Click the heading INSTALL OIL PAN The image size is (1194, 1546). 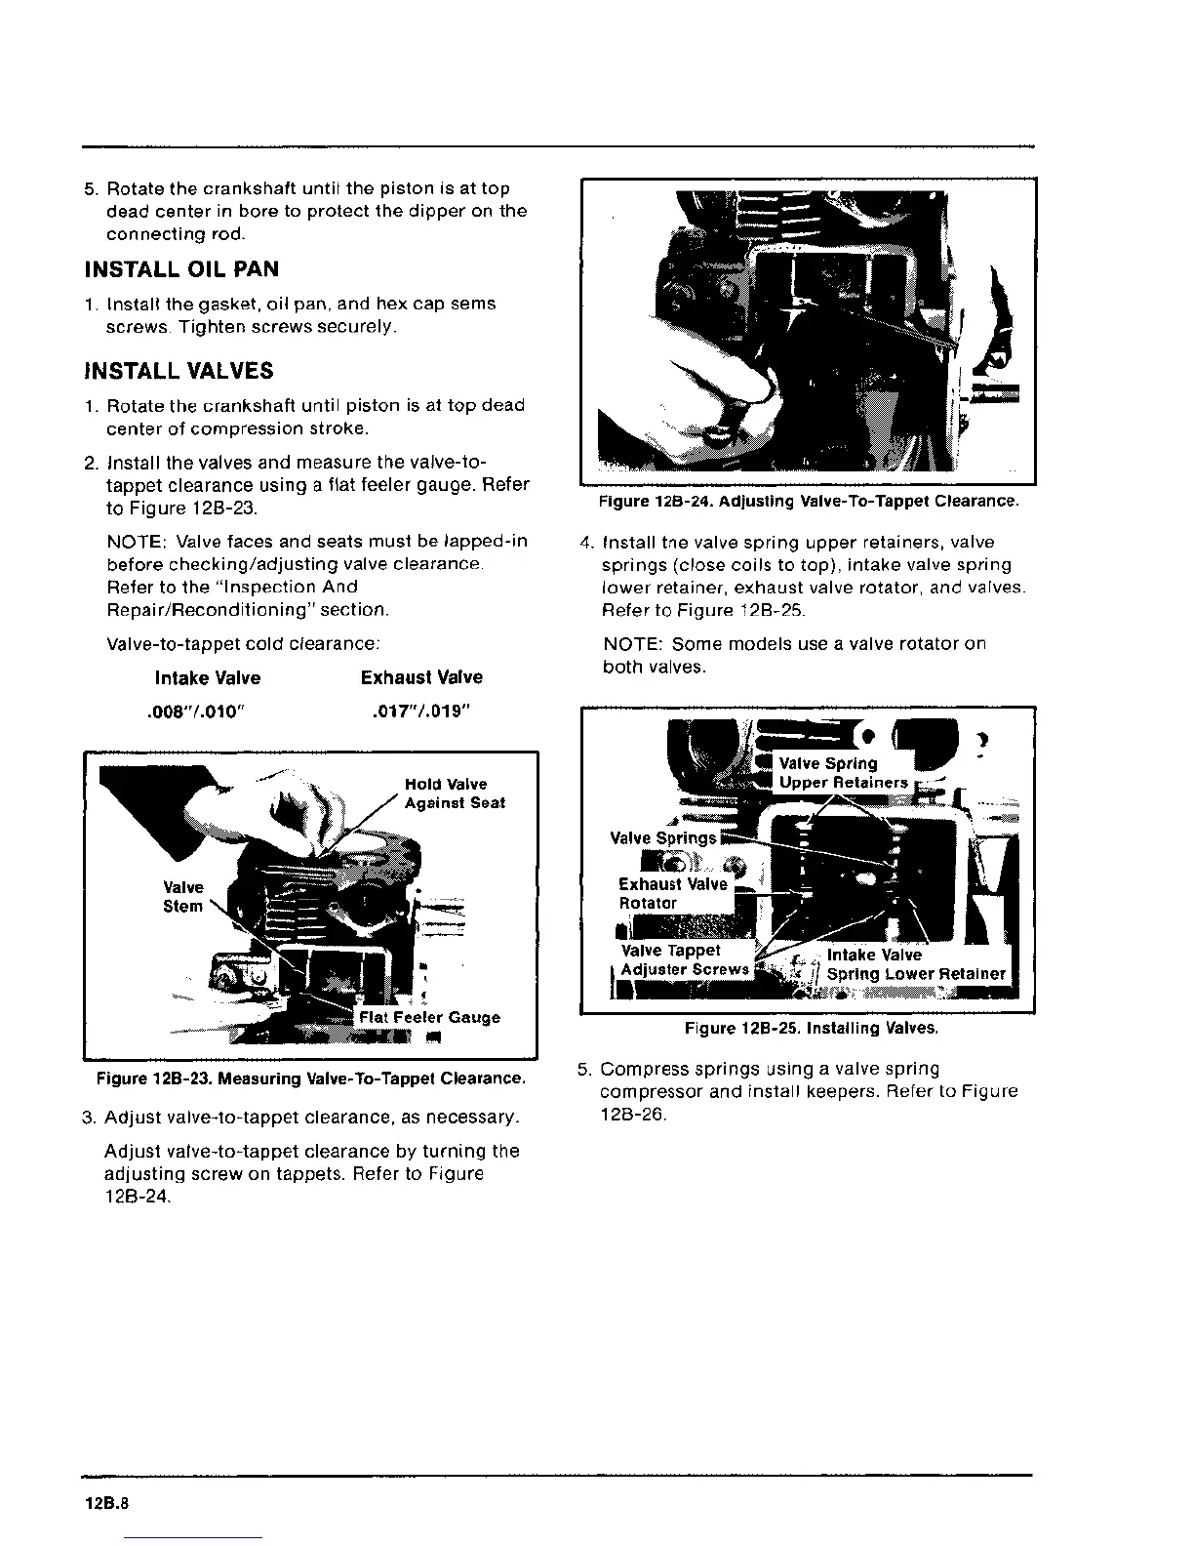[181, 268]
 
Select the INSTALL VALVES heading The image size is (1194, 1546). [179, 371]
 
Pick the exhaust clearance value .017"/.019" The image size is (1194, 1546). [421, 712]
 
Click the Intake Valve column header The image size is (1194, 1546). [208, 677]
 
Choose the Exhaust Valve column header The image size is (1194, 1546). [421, 677]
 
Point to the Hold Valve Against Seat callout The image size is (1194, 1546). [455, 793]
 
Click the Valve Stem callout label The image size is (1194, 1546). [183, 896]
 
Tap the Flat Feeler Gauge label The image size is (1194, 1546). [429, 1017]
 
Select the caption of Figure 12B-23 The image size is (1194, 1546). [311, 1078]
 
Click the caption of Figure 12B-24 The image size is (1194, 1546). [809, 502]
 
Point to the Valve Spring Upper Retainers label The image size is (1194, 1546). [843, 773]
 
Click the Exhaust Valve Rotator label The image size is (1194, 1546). [672, 893]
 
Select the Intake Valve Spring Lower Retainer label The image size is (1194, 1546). [915, 964]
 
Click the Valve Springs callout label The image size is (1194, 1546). [662, 837]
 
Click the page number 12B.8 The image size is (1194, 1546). [106, 1504]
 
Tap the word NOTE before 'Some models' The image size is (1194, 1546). [633, 644]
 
